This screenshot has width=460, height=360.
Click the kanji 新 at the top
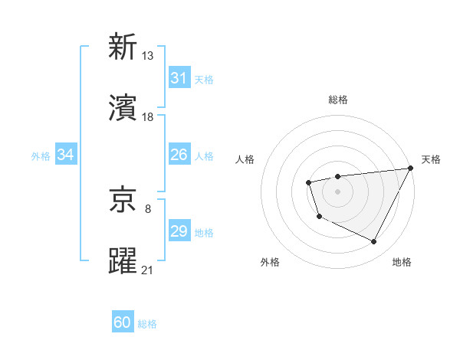(123, 47)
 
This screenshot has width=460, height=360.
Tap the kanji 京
(123, 200)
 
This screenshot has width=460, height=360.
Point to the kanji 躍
(123, 261)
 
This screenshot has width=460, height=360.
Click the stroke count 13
(148, 55)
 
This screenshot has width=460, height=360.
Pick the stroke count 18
(148, 116)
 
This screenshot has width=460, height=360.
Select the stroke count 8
(148, 208)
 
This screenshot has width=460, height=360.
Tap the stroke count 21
(148, 270)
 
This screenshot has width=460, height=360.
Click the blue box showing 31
(179, 78)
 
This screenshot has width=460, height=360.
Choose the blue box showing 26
(179, 155)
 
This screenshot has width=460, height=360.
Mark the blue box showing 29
(179, 231)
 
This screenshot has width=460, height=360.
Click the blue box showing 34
(65, 155)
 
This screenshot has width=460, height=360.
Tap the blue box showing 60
(123, 322)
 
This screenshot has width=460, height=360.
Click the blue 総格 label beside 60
(147, 324)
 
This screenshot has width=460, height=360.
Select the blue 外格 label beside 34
(41, 156)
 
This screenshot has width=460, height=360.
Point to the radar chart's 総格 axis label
(337, 100)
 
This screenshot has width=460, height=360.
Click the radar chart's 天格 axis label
(431, 159)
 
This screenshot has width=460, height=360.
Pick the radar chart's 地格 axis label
(402, 262)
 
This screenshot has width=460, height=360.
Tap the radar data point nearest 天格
(412, 169)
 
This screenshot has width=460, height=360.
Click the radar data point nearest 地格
(373, 242)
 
